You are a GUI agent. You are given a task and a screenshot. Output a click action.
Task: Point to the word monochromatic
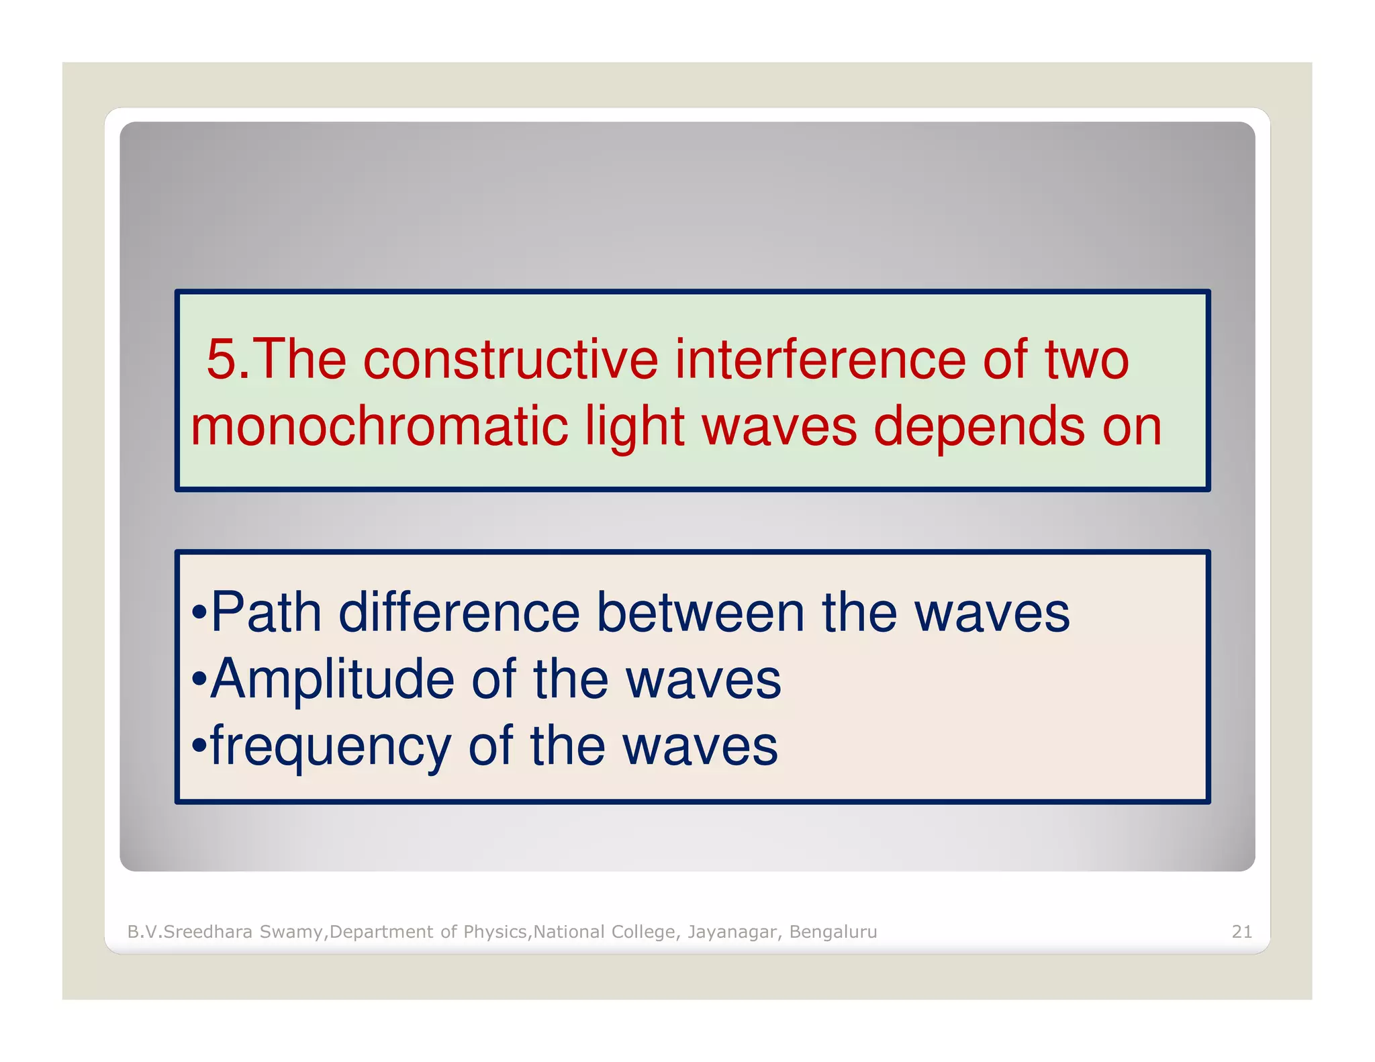379,427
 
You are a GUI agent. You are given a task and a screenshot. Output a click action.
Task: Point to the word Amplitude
332,679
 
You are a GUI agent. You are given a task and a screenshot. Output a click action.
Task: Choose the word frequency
330,748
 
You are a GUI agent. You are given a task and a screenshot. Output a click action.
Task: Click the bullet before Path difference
199,614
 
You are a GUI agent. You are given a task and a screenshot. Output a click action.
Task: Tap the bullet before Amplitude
199,681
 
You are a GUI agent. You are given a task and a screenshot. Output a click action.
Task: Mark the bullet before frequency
199,746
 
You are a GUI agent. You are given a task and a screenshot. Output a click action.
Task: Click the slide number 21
1241,932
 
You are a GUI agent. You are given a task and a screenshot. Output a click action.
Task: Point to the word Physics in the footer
495,932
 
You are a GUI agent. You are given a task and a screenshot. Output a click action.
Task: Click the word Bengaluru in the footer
833,932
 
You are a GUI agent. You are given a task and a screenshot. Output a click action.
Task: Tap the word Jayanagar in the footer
734,932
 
